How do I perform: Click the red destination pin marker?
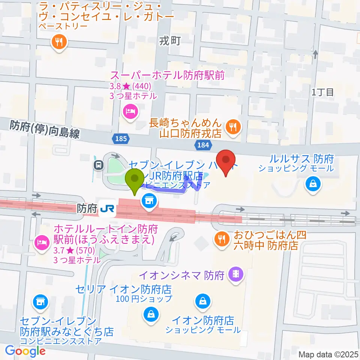(226, 160)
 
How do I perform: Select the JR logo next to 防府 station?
(108, 208)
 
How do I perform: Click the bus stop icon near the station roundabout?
(99, 165)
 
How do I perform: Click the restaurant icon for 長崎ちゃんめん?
(233, 127)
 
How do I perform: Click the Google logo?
(25, 351)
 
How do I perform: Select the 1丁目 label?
(322, 92)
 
